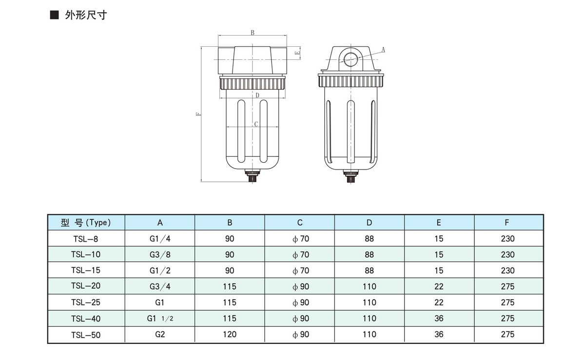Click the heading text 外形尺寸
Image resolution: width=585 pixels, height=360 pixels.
coord(85,15)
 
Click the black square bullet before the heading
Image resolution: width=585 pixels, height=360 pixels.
coord(55,15)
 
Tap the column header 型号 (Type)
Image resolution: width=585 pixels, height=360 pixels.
coord(86,223)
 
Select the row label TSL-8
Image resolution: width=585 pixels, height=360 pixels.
coord(86,239)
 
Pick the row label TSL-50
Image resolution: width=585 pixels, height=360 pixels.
coord(86,334)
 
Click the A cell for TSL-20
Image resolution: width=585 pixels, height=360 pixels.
coord(159,286)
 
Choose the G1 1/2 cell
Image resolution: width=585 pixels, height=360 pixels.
coord(160,318)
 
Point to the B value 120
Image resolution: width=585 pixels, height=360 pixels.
coord(230,334)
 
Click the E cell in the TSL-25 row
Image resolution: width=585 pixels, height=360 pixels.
coord(439,303)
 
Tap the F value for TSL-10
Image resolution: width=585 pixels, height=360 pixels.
coord(507,254)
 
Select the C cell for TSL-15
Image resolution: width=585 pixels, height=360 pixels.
coord(300,270)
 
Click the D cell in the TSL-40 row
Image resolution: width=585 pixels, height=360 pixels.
coord(370,318)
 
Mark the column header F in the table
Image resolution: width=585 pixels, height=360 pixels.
coord(507,223)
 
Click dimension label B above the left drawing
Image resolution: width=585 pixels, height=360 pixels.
coord(253,33)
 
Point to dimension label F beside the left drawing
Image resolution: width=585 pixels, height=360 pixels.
coord(197,114)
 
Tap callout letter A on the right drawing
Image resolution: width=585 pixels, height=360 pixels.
coord(383,49)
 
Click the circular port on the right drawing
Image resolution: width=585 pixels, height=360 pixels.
coord(350,59)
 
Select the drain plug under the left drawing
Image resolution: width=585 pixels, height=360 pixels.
coord(253,176)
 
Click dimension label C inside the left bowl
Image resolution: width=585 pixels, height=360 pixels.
coord(256,124)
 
